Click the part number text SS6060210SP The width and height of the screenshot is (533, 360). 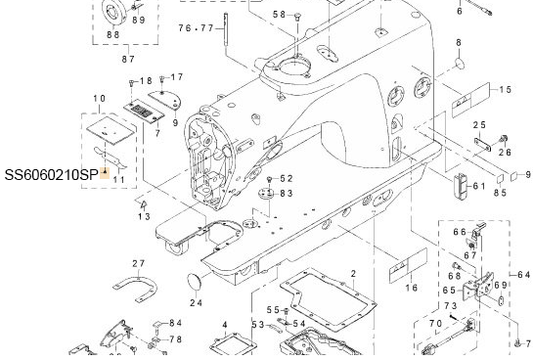click(51, 175)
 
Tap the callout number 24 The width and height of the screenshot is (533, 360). click(197, 302)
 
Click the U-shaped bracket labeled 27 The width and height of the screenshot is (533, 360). click(135, 288)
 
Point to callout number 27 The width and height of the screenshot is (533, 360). click(139, 263)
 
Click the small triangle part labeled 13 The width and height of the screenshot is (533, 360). click(144, 204)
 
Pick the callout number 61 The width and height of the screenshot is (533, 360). click(479, 186)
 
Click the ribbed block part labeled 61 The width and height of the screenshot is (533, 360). click(460, 188)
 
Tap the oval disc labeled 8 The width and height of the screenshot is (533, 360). click(460, 64)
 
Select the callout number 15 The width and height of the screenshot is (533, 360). click(506, 89)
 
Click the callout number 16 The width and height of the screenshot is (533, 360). click(412, 288)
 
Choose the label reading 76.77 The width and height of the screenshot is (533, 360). click(197, 27)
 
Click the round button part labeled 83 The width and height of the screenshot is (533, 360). click(266, 195)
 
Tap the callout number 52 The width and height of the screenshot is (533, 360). click(287, 178)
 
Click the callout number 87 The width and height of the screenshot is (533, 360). click(128, 59)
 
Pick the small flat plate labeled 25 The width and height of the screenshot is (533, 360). click(483, 144)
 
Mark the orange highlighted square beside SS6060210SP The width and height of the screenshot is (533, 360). click(105, 173)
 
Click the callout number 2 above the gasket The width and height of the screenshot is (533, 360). click(353, 273)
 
